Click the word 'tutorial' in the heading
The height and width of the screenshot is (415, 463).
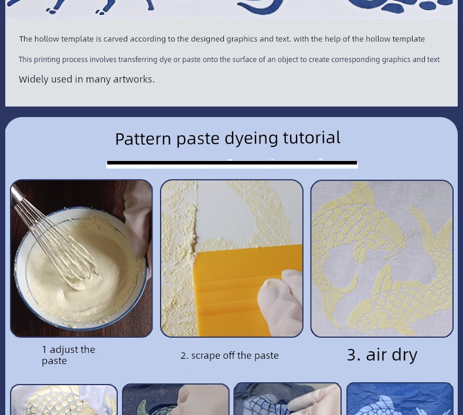coord(312,138)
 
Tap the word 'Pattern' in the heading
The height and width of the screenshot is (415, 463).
coord(143,139)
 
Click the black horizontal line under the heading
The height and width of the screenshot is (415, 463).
coord(232,163)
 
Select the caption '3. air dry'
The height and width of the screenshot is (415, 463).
coord(382,355)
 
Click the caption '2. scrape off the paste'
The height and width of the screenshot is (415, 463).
coord(229,356)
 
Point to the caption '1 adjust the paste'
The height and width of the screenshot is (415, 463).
coord(69,355)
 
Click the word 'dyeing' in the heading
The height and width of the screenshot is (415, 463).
coord(251,139)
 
